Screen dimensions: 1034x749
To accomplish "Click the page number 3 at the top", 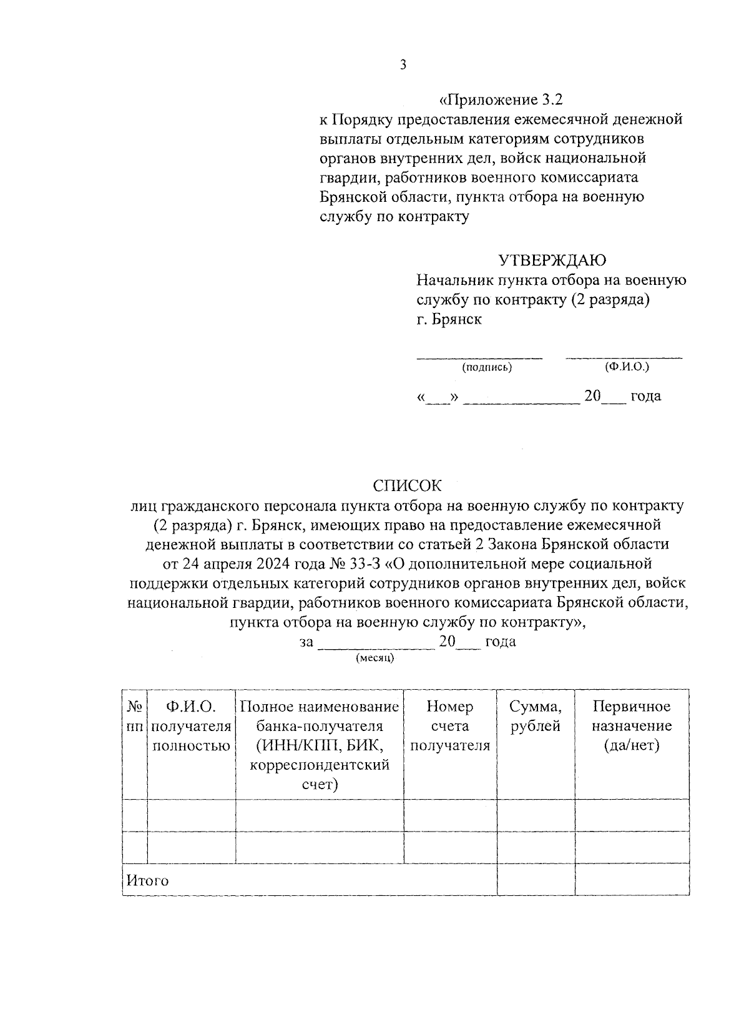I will (403, 65).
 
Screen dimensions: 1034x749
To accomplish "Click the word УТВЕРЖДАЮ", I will (552, 260).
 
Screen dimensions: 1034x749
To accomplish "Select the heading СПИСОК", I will (407, 485).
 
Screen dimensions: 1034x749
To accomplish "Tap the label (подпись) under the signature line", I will (487, 367).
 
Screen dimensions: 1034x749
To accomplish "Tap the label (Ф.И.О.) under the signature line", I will (627, 367).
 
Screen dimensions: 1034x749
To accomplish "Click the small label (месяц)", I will (375, 658).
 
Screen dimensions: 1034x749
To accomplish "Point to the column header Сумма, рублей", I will (536, 716).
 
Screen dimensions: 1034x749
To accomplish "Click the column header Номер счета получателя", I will (450, 725).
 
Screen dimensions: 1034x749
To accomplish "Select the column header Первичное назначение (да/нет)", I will (632, 725).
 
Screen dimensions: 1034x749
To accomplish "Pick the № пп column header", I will (135, 716).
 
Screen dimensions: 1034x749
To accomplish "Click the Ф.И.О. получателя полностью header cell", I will (191, 725).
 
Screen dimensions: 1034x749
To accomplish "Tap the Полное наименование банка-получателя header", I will (320, 745).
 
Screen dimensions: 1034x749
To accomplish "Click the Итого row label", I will (148, 880).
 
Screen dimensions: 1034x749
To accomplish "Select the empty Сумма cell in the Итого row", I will (536, 880).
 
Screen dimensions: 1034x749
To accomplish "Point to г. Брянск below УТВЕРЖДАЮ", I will (449, 319).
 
